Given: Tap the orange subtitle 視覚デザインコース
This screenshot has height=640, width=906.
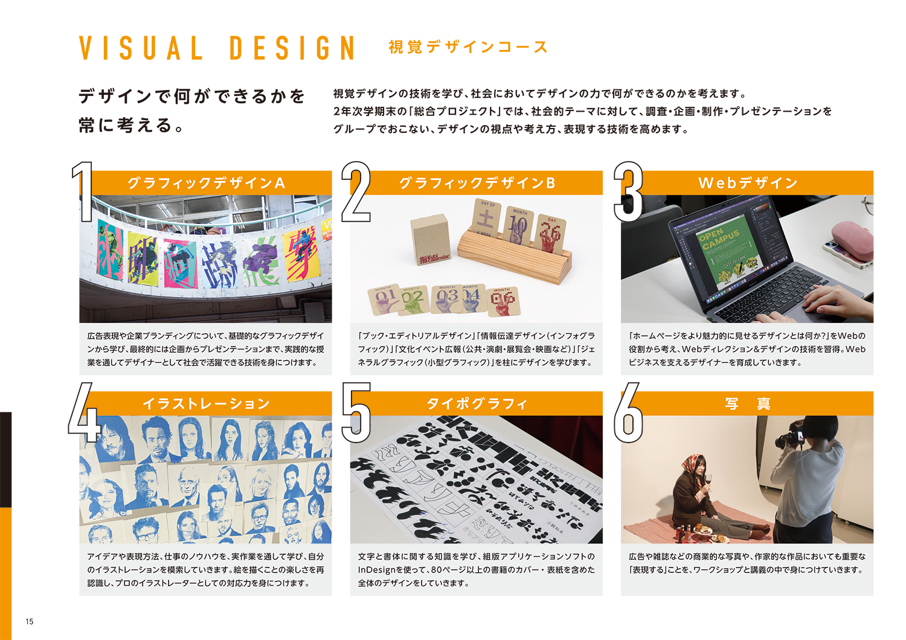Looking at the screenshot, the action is click(468, 47).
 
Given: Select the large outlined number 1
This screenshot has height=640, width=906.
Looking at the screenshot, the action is click(83, 191).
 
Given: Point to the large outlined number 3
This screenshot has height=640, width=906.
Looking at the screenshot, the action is click(628, 191).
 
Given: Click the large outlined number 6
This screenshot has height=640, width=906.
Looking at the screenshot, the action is click(628, 412).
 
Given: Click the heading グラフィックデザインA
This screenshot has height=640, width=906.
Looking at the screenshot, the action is click(207, 183).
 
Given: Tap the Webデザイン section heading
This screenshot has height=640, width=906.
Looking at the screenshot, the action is click(748, 183).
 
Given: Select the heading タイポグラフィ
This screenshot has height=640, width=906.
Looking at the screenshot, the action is click(477, 403).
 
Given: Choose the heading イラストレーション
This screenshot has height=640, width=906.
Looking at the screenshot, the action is click(207, 403).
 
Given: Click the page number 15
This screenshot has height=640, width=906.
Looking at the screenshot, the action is click(30, 621).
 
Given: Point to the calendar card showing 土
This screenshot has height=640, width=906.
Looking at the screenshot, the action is click(486, 219).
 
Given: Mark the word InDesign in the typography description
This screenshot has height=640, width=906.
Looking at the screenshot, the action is click(376, 569).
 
